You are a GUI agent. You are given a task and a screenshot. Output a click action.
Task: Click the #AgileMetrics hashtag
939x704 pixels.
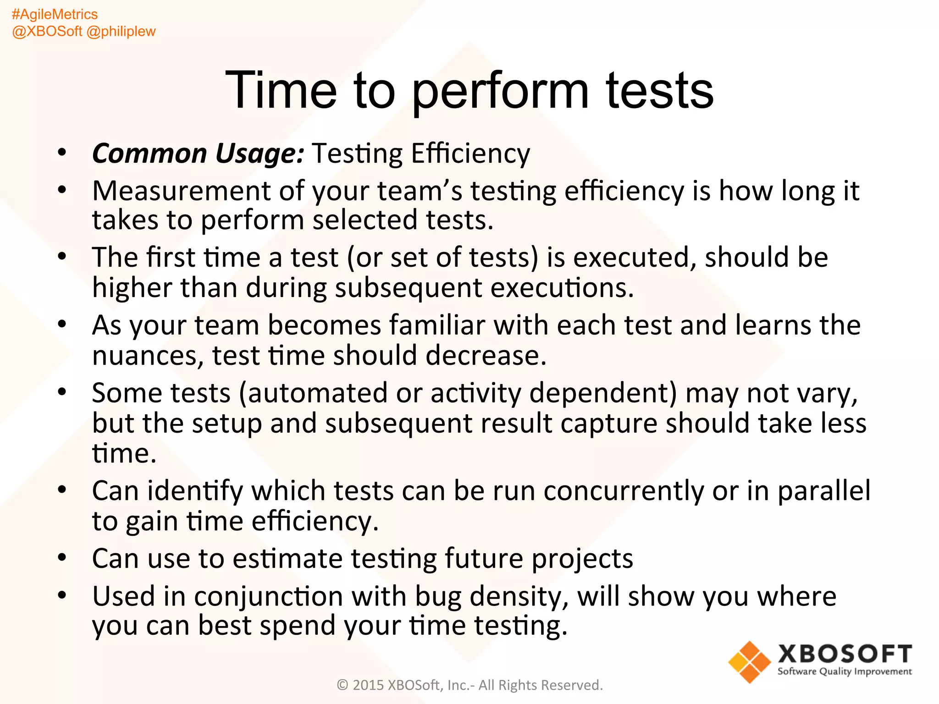pos(55,14)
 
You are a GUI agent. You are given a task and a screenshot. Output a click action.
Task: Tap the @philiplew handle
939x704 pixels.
pos(121,31)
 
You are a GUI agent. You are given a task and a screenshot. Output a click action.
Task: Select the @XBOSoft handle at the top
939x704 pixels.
pos(47,31)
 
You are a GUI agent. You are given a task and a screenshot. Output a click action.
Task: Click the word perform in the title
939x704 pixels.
pos(500,92)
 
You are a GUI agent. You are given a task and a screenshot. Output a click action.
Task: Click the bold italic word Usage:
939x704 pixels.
pos(259,153)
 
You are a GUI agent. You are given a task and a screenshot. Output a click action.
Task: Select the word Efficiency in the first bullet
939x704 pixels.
pos(470,153)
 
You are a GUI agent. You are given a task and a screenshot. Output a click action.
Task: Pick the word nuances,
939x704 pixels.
pos(148,356)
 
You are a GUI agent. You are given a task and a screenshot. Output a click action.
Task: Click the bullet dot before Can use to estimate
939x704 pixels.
pos(62,558)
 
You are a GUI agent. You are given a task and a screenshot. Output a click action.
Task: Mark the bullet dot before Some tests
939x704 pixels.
pos(62,392)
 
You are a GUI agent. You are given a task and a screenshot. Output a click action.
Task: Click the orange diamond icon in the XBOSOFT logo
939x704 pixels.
pos(749,662)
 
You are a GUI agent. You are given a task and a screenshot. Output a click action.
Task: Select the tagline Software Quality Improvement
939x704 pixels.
pos(844,671)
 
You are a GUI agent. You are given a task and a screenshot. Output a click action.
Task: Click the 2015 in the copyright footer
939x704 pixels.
pos(368,685)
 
